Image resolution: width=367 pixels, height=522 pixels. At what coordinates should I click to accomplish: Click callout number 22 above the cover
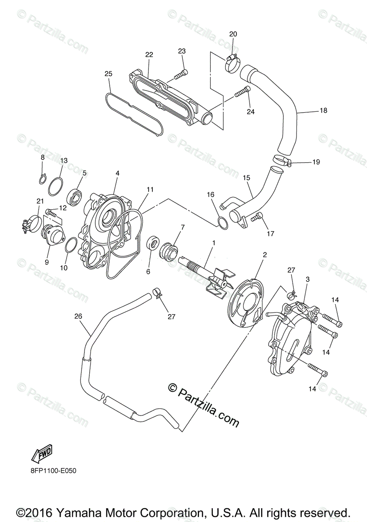(149, 55)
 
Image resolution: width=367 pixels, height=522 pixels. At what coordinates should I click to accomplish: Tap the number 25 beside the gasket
(108, 74)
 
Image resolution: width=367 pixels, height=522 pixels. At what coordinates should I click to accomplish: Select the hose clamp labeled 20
(232, 62)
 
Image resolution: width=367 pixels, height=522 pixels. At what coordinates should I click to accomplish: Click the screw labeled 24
(243, 92)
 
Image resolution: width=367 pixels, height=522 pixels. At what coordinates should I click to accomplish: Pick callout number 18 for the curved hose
(323, 110)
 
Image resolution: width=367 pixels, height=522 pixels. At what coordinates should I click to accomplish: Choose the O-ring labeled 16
(222, 223)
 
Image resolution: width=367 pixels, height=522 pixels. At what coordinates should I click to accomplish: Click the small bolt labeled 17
(258, 215)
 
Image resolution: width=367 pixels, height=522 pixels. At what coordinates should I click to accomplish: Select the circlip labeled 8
(43, 178)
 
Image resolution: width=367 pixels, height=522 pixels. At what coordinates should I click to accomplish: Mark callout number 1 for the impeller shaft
(213, 242)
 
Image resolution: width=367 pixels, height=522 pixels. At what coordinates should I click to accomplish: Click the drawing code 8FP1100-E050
(52, 470)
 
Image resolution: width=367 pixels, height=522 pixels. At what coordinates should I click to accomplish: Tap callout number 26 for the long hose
(78, 316)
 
